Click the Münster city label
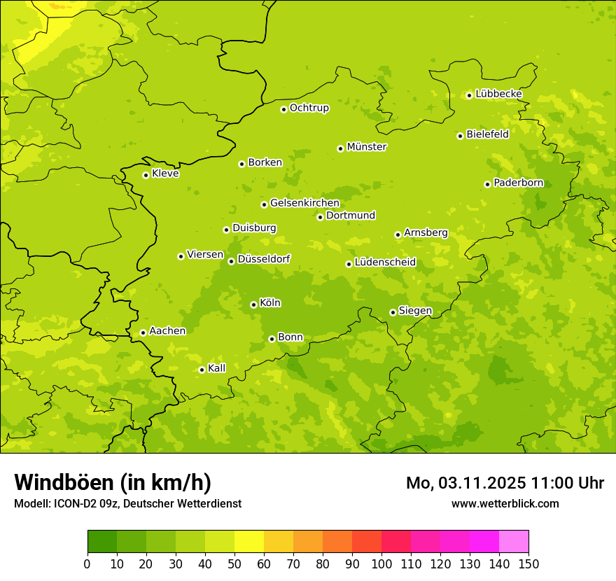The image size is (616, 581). [366, 147]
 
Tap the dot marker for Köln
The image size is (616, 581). [253, 304]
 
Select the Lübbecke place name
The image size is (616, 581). [498, 94]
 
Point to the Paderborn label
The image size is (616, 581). [518, 183]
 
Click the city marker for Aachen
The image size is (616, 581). [143, 332]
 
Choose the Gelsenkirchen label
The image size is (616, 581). [304, 203]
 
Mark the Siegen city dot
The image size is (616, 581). [393, 312]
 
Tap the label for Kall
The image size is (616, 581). [217, 368]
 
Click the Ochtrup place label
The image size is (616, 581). [309, 108]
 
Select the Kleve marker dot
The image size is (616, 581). [146, 175]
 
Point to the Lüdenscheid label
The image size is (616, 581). [385, 262]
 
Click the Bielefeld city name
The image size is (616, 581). [487, 134]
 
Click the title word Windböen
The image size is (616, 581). [64, 482]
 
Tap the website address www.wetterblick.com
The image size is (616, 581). [505, 503]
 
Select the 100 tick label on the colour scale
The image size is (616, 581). [381, 563]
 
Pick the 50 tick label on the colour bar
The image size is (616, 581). [234, 563]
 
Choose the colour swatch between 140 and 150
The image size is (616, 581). [514, 541]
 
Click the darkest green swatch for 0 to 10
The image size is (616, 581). [102, 541]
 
